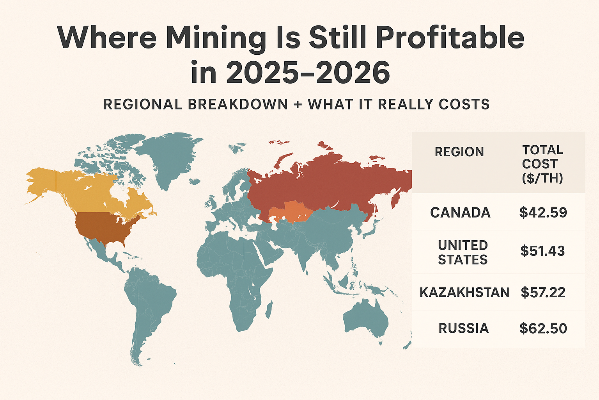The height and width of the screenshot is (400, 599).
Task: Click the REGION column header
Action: click(459, 152)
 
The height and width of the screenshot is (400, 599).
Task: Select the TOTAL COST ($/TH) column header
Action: click(542, 164)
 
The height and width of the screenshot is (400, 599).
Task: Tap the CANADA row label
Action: click(460, 213)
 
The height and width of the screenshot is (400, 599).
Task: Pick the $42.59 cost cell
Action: click(543, 212)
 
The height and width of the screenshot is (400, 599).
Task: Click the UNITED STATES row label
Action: click(463, 252)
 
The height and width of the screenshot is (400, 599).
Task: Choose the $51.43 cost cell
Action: click(542, 251)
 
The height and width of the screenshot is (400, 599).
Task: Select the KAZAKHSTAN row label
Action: click(464, 293)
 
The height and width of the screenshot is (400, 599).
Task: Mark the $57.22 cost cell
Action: click(543, 293)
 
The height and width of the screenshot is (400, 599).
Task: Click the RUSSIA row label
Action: click(463, 329)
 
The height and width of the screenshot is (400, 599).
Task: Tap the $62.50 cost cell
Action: click(543, 329)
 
